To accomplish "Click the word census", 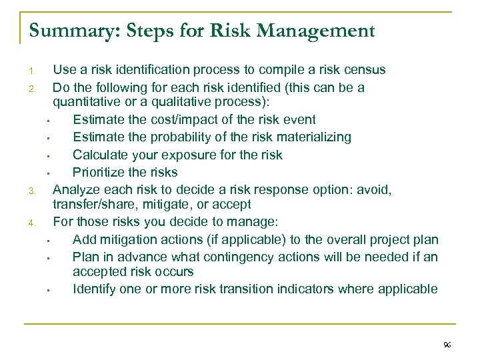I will [365, 69].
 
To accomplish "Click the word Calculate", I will [100, 155].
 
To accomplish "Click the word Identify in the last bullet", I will [94, 289].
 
